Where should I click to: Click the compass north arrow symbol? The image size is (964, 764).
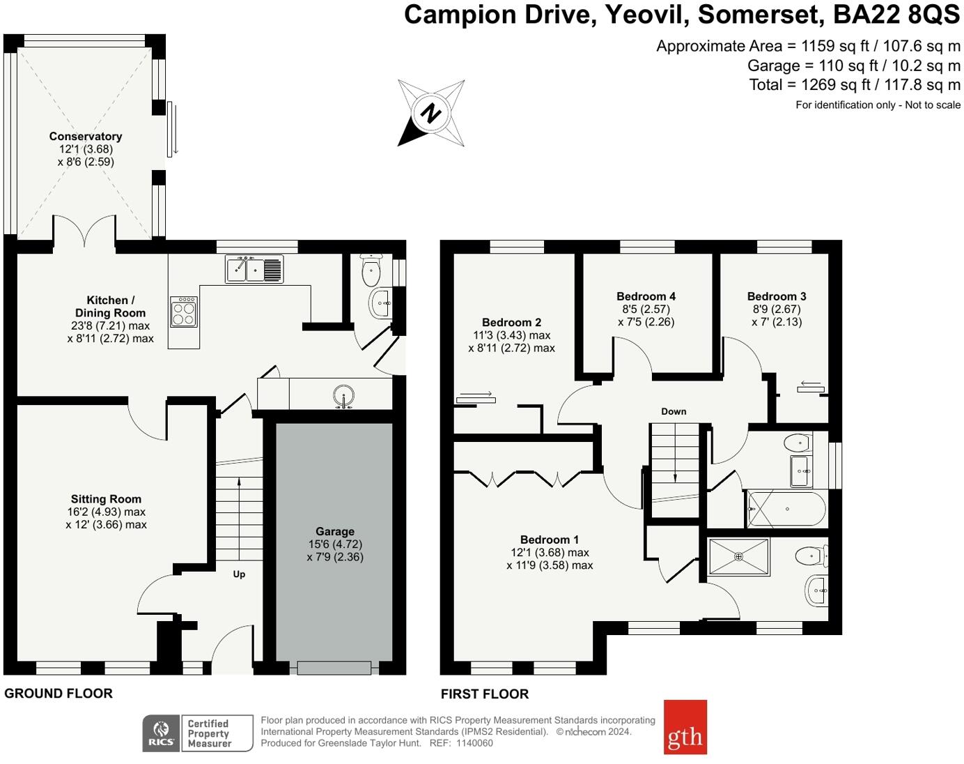click(430, 113)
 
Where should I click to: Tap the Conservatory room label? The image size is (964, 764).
click(86, 137)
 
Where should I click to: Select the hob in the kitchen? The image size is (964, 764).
click(184, 312)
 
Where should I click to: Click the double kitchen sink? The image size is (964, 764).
click(254, 268)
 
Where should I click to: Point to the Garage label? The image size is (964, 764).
click(335, 531)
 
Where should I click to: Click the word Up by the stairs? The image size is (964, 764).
click(239, 574)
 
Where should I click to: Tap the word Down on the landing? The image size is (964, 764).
click(674, 411)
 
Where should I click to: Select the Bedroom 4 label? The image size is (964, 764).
click(646, 296)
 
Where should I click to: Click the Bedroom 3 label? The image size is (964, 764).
click(777, 296)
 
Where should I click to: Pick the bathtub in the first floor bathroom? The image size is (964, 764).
click(787, 509)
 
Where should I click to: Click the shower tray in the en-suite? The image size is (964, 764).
click(738, 557)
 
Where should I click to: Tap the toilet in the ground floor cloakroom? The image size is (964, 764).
click(371, 270)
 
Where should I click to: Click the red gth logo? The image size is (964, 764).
click(685, 727)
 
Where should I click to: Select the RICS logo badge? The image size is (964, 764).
click(162, 733)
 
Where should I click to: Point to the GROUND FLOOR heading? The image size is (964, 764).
click(59, 694)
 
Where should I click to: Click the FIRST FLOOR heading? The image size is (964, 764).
click(485, 694)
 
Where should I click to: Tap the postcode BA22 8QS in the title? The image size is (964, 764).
click(897, 15)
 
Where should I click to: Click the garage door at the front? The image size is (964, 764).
click(334, 668)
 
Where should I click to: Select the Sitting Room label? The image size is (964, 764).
click(106, 499)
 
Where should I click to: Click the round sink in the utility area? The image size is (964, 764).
click(343, 397)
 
